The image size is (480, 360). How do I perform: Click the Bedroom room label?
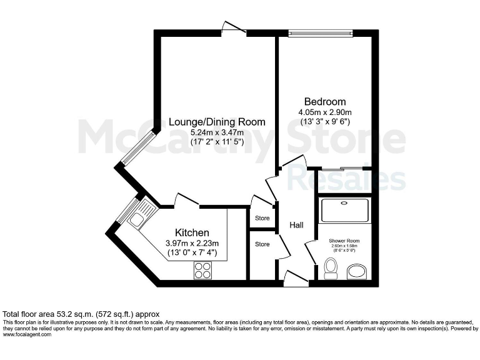pos(324,102)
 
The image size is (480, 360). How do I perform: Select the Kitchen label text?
pos(192,233)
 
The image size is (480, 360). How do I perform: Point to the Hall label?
pos(296,225)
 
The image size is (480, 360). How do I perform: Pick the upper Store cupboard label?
pos(262,218)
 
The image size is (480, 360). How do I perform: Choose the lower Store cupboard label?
pos(262,244)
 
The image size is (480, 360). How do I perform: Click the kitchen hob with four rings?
pos(202,269)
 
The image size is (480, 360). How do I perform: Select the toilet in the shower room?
pos(332,271)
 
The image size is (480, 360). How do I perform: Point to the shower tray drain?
pos(344,203)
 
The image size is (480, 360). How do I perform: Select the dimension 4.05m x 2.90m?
pos(324,112)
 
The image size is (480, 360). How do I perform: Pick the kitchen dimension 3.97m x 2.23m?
pos(192,244)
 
